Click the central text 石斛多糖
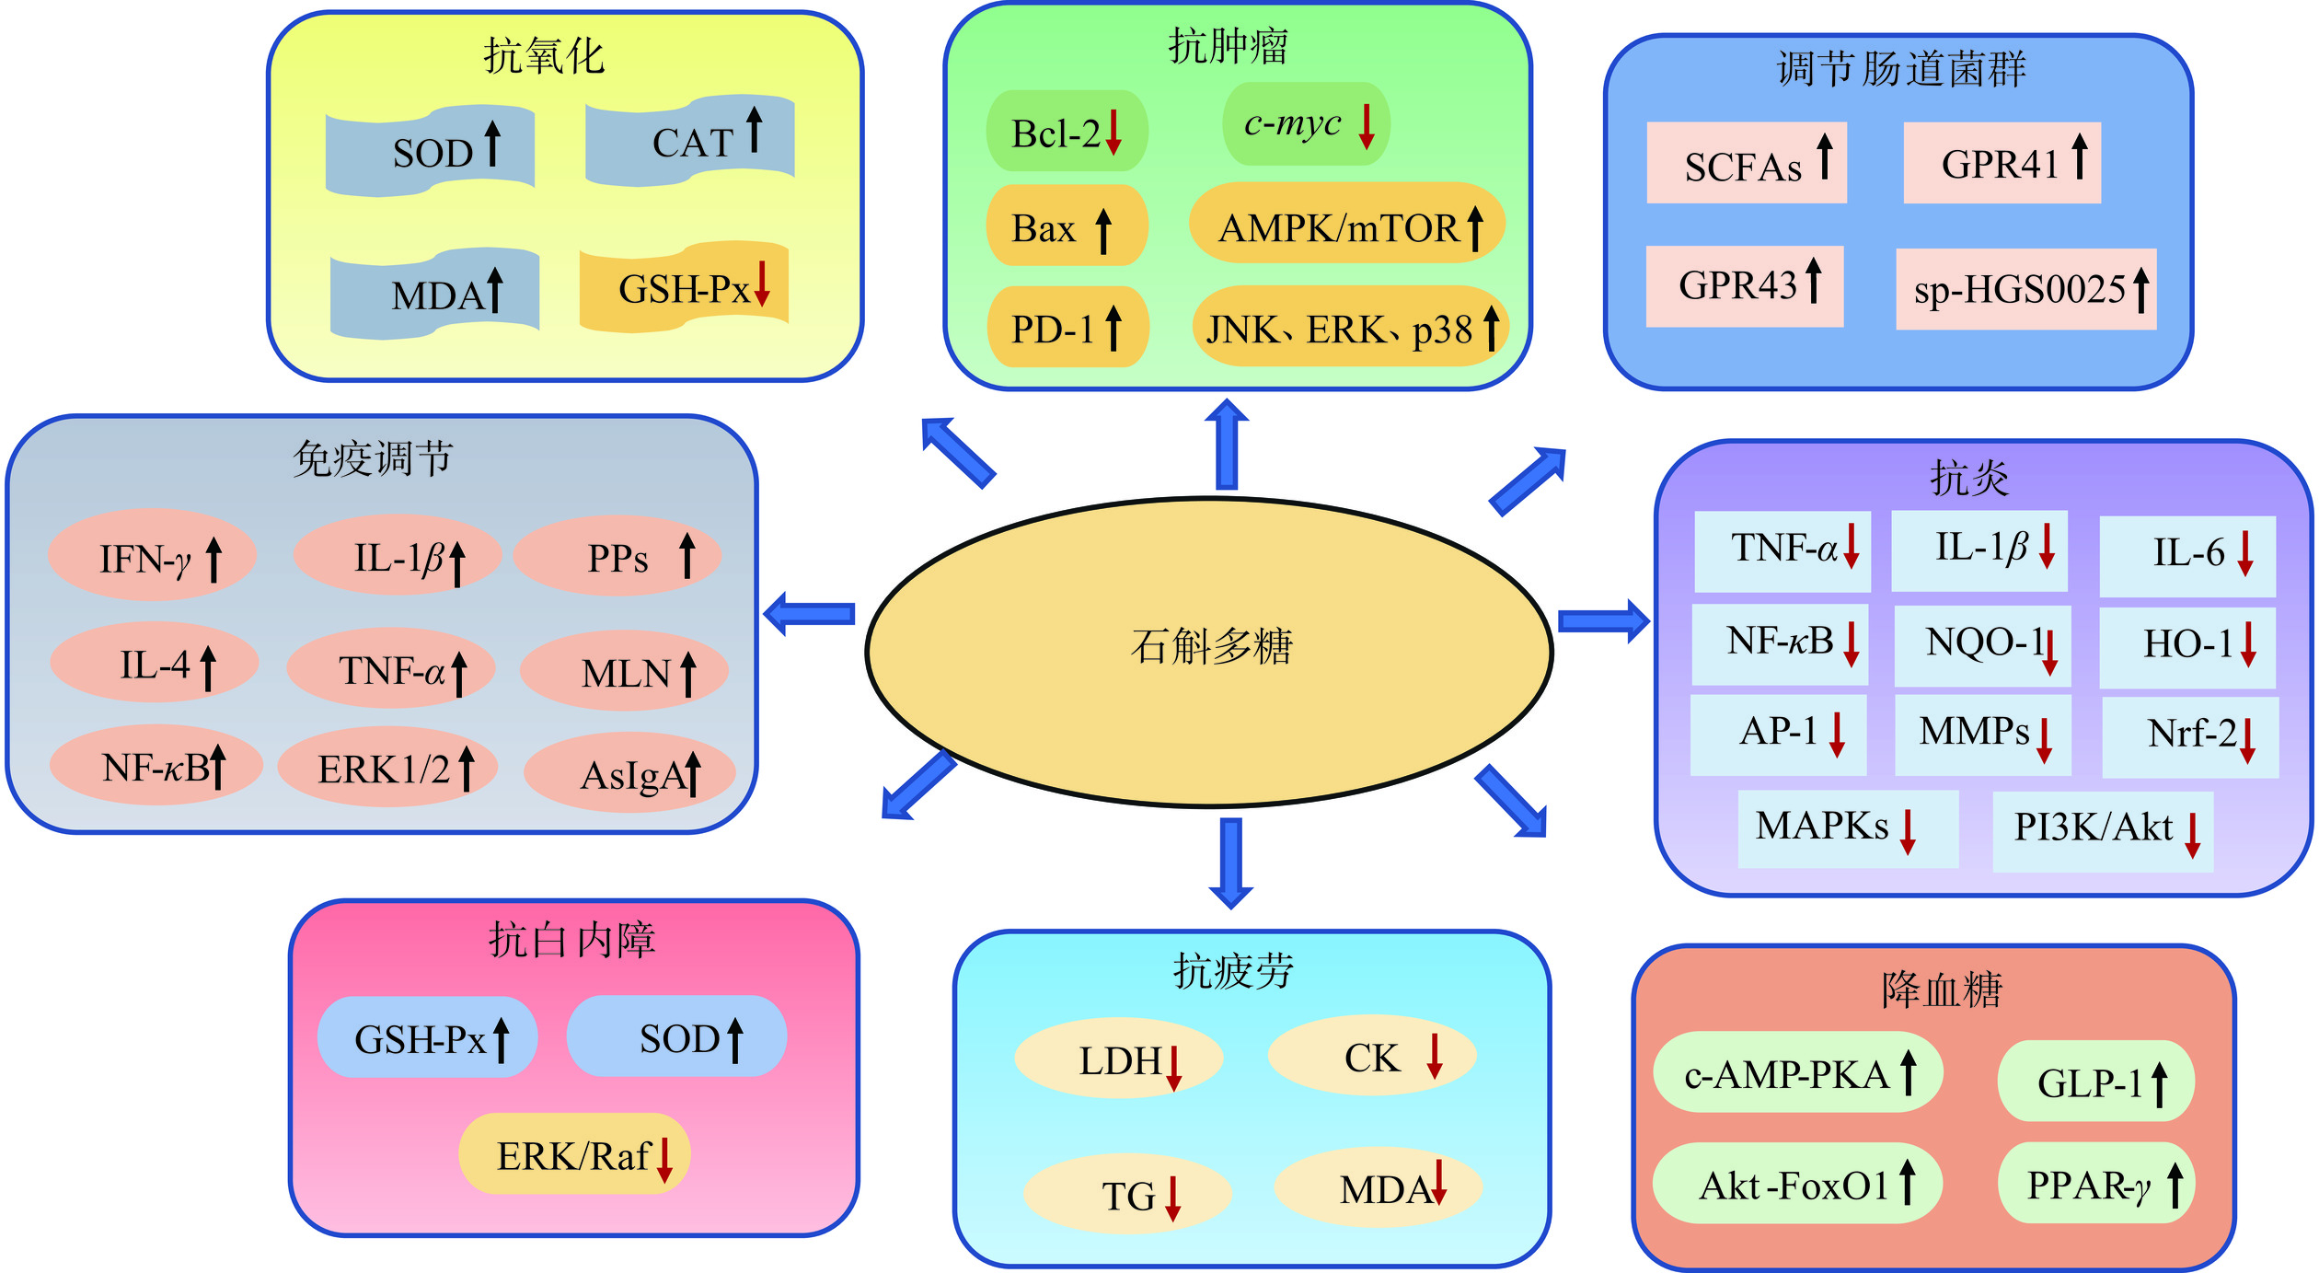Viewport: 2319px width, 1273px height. pyautogui.click(x=1211, y=646)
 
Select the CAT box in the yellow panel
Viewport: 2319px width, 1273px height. pyautogui.click(x=690, y=142)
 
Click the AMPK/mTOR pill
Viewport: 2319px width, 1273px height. pyautogui.click(x=1346, y=226)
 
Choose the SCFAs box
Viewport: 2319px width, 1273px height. pyautogui.click(x=1746, y=164)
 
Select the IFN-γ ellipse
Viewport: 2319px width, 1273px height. pyautogui.click(x=151, y=557)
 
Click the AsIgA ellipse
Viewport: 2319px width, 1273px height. pyautogui.click(x=630, y=774)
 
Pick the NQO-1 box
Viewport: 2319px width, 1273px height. pyautogui.click(x=1982, y=644)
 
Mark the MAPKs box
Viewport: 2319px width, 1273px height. pyautogui.click(x=1847, y=827)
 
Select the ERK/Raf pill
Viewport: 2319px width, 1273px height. pyautogui.click(x=574, y=1154)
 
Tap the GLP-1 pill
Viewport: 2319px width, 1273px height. pyautogui.click(x=2095, y=1082)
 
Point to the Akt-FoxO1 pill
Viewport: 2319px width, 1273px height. pyautogui.click(x=1796, y=1184)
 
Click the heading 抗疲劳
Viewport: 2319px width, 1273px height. pyautogui.click(x=1233, y=972)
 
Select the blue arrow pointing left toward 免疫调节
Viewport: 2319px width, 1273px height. pyautogui.click(x=810, y=614)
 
